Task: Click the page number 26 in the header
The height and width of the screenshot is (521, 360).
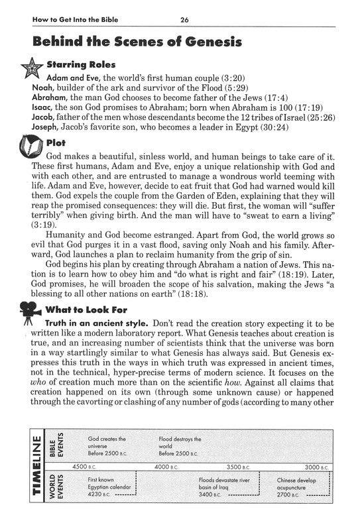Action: coord(184,20)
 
